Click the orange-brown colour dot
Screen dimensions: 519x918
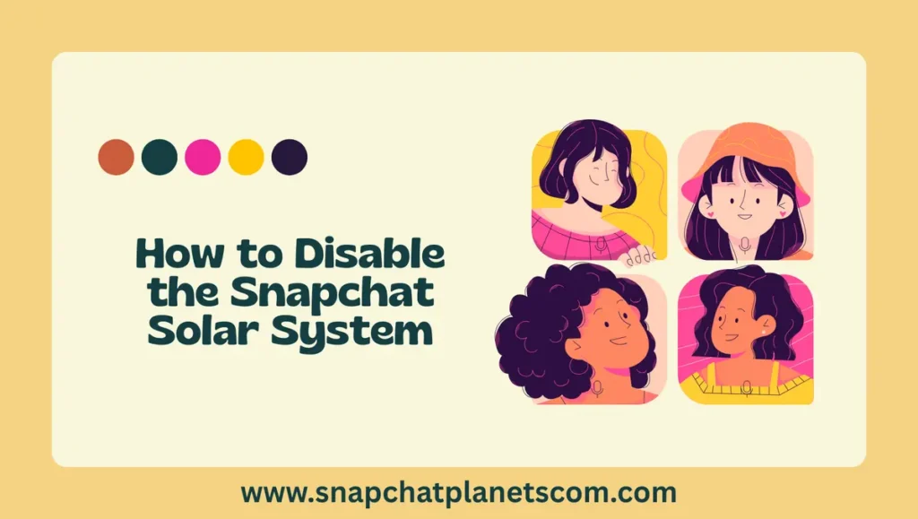click(116, 157)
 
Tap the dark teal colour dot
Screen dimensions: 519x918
click(159, 157)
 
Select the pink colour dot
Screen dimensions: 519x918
click(203, 157)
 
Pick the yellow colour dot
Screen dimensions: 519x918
click(246, 157)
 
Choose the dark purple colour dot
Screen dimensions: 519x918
click(290, 157)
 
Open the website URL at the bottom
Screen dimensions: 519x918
click(458, 492)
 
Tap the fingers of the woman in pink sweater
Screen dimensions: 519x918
click(638, 256)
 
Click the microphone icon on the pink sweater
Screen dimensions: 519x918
click(601, 243)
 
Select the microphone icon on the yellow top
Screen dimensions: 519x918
click(746, 387)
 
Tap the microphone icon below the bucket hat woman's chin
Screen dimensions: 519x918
click(743, 243)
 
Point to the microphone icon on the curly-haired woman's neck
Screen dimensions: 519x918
click(598, 387)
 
